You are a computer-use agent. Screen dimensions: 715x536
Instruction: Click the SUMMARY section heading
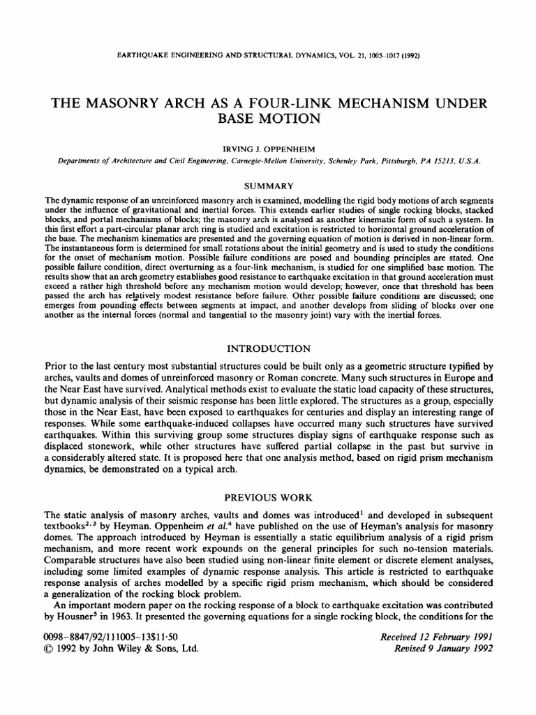coord(268,186)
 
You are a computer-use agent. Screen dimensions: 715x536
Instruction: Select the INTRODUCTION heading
coord(267,348)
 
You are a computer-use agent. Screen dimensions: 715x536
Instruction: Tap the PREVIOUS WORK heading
coord(267,498)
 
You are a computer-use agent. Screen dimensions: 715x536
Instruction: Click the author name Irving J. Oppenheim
coord(268,148)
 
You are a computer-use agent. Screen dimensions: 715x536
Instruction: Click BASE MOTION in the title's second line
coord(267,119)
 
